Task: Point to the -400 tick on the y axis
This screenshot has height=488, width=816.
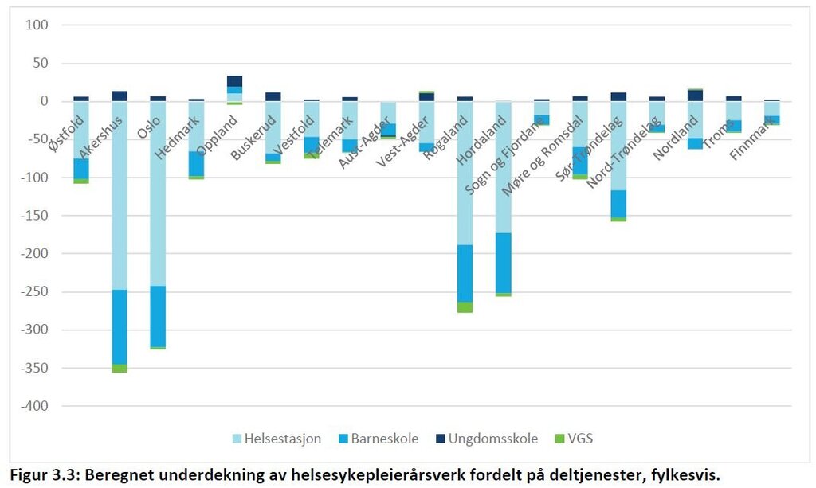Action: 33,406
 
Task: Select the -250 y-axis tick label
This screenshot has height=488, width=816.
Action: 33,292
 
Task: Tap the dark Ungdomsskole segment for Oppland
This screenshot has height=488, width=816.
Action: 234,80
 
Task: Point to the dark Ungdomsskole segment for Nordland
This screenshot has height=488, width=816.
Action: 695,96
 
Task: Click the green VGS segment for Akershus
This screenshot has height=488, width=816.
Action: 120,368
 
